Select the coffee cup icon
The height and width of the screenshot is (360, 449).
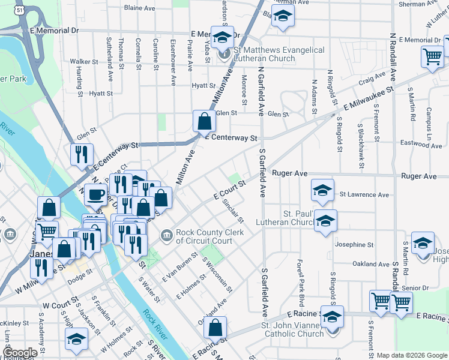point(96,194)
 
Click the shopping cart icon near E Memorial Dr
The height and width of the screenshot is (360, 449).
point(432,56)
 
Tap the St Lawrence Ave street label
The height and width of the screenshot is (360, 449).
point(364,194)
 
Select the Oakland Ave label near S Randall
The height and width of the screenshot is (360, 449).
point(372,263)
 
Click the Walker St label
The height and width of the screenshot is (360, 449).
point(83,61)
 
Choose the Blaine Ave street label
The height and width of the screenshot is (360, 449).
point(140,8)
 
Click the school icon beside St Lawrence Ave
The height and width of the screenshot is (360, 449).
point(322,191)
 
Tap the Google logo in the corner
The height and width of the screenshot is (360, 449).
point(20,353)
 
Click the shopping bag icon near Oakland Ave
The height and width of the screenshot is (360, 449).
point(215,328)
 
